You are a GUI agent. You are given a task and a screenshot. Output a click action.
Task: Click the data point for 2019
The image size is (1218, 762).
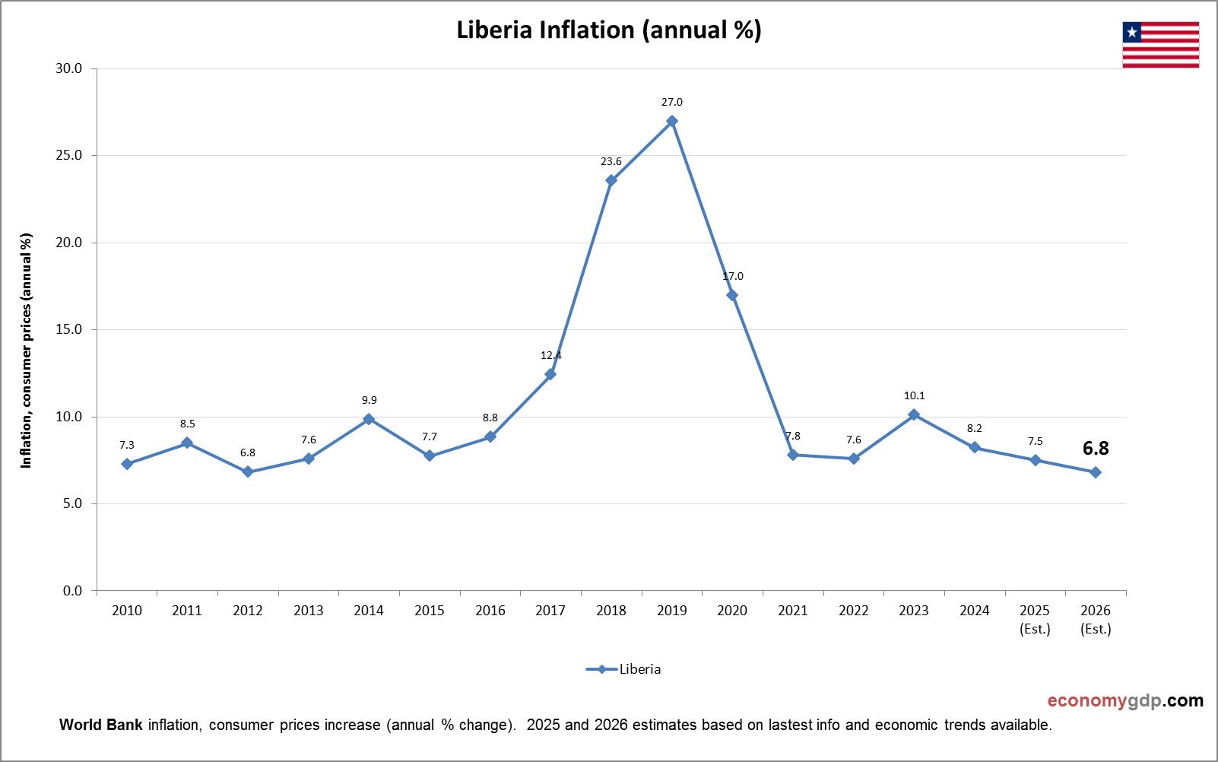pos(671,121)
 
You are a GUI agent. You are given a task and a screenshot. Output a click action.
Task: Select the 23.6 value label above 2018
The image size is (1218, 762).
pos(611,161)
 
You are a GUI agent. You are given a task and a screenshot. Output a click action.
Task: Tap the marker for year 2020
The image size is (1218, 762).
pos(732,295)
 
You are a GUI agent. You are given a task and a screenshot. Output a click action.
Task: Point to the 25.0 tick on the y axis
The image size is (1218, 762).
pos(70,156)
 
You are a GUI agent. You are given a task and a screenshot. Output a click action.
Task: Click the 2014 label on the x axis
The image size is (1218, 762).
pos(369,611)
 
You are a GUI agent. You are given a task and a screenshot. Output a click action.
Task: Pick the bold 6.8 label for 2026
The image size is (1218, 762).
pos(1096,449)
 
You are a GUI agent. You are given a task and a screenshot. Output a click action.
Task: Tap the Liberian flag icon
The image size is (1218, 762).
pos(1160,45)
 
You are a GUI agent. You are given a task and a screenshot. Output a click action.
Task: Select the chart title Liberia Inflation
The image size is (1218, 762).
pos(608,30)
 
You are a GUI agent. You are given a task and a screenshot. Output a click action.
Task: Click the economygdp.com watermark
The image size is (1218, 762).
pos(1125,700)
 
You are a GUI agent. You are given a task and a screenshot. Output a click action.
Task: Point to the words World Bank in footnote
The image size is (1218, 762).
pos(100,725)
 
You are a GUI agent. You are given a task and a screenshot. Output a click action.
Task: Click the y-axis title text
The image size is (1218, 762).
pos(27,350)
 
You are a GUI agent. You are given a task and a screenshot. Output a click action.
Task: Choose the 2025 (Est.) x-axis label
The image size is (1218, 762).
pos(1035,619)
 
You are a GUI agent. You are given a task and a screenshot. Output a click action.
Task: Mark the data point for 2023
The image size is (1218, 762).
pos(914,414)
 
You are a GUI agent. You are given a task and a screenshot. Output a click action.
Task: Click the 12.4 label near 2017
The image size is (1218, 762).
pos(550,355)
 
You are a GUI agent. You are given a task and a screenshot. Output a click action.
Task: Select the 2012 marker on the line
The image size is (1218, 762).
pos(248,472)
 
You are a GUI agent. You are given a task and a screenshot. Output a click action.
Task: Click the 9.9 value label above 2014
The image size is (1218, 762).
pos(369,400)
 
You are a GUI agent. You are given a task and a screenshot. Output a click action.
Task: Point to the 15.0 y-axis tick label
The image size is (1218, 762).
pos(70,330)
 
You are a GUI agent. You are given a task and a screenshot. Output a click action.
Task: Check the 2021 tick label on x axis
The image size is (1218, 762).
pos(793,611)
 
